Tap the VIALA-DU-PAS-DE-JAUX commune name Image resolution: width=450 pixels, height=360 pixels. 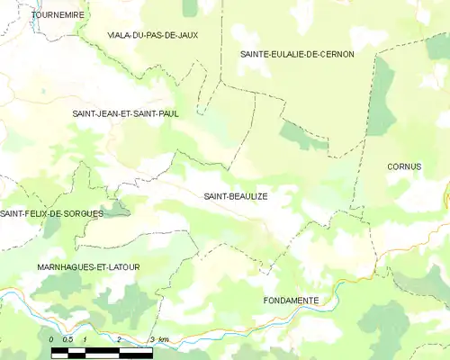pos(153,35)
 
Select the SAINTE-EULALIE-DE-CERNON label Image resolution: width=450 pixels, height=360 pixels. pos(297,54)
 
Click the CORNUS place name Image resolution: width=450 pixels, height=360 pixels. pos(404,166)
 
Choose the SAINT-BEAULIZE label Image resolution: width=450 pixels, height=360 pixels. pos(236,195)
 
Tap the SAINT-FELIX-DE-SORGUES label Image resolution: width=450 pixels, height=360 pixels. pos(52,213)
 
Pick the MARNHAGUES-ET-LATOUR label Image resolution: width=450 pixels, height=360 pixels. pos(88,268)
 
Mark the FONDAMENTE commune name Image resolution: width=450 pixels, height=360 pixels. pos(291,300)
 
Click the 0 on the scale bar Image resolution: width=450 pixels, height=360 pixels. pos(52,339)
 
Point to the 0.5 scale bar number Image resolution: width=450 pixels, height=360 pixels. pos(67,339)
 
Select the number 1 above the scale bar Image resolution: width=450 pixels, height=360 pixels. pos(84,339)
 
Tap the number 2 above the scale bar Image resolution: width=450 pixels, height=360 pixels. pos(118,339)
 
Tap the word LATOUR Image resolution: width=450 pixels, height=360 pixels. pos(121,268)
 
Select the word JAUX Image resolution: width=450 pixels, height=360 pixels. pos(185,35)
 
